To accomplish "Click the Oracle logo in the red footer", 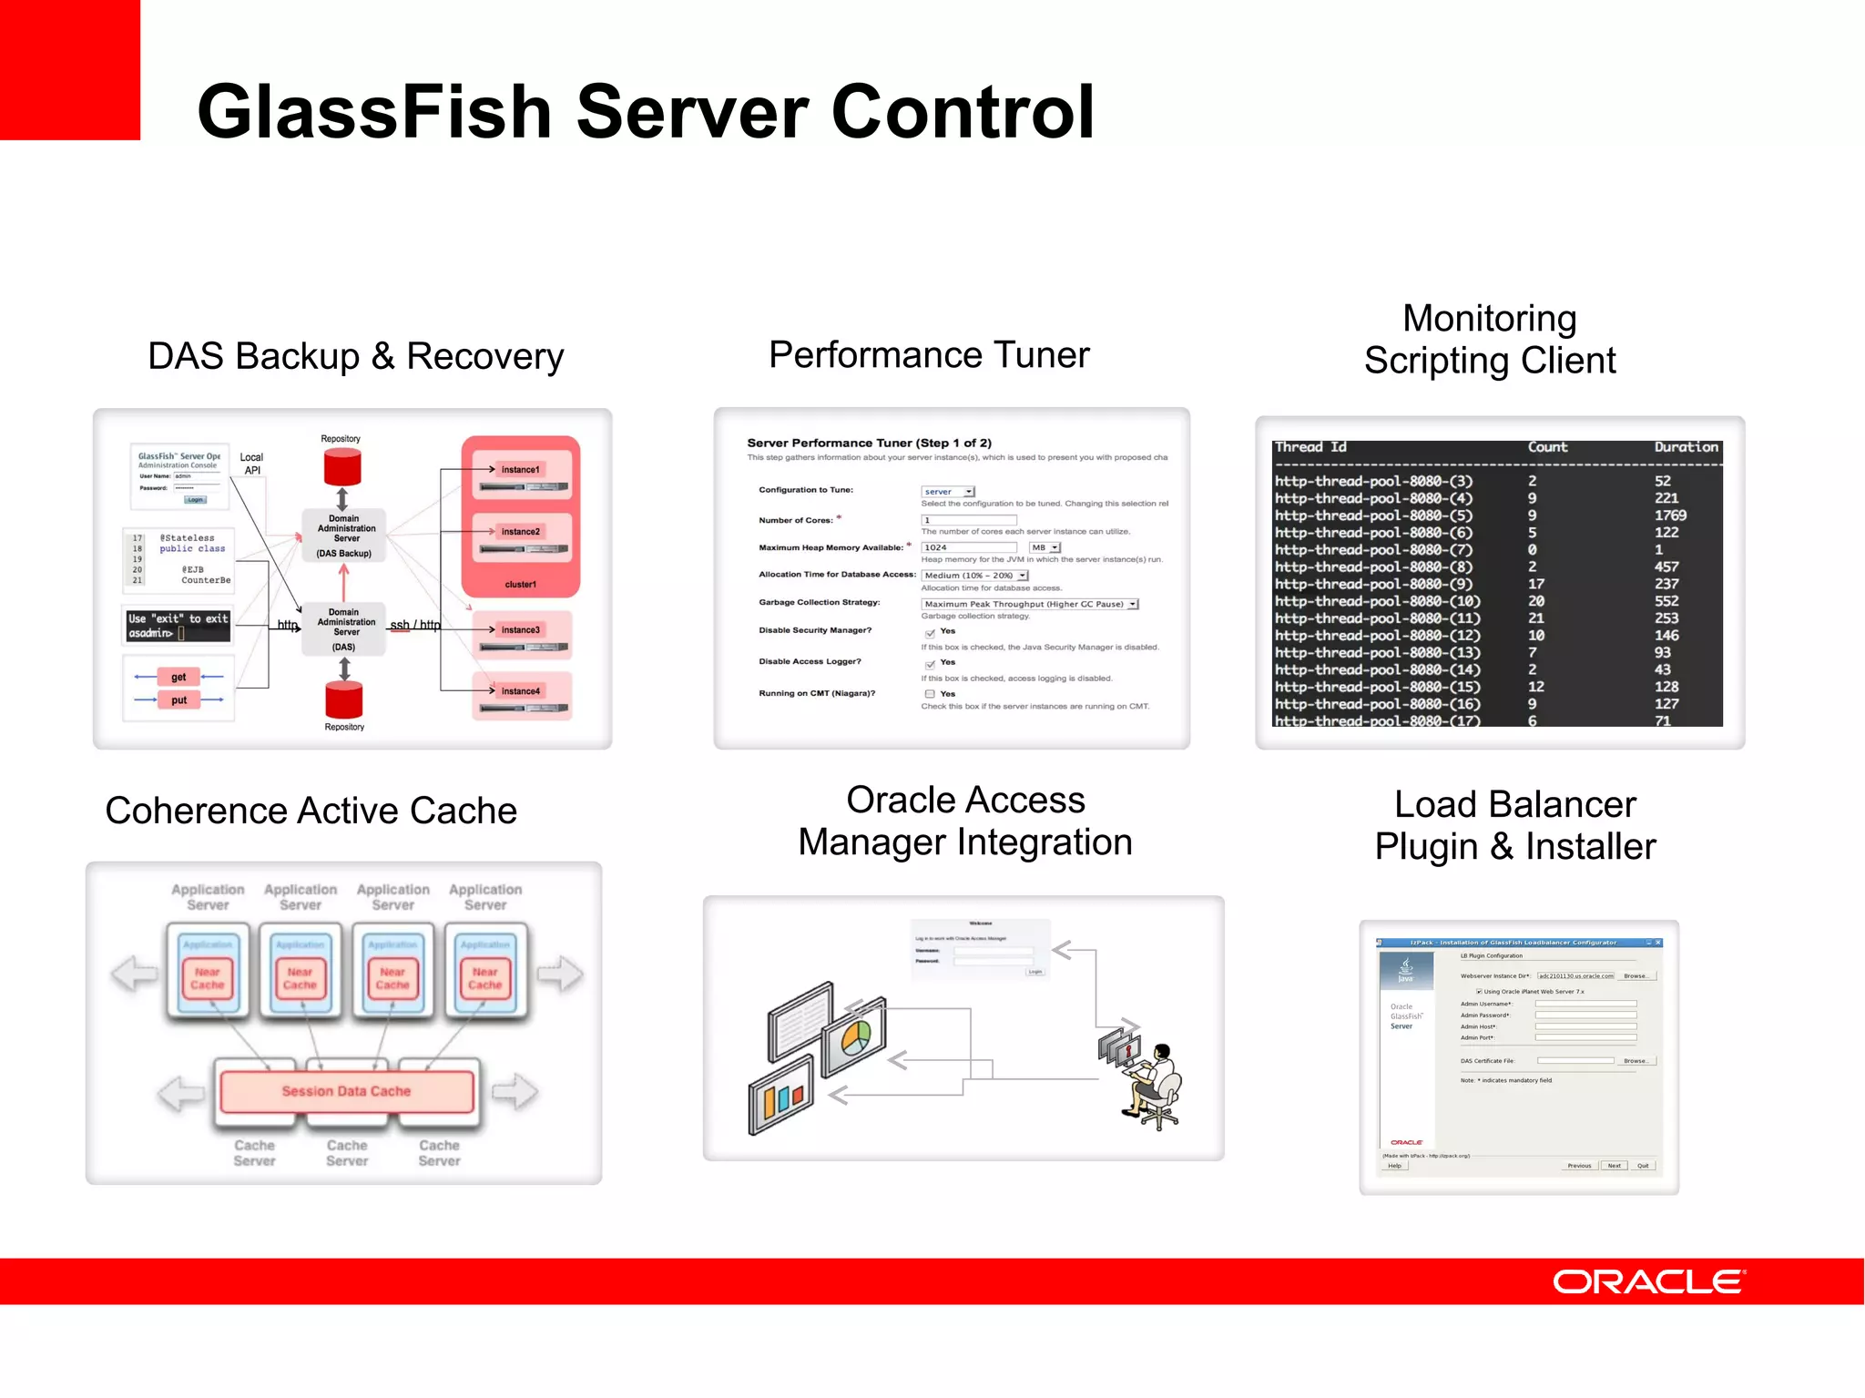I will click(1647, 1281).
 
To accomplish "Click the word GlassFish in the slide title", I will click(374, 112).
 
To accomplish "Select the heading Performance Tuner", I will click(928, 354).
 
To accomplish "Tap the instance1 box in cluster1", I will click(520, 470).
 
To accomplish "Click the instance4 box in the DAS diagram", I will click(520, 691).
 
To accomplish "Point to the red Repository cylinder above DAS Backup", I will click(342, 467).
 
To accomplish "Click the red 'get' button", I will click(178, 677).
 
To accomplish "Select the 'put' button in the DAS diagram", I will click(178, 700).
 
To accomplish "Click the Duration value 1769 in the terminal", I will click(1670, 515).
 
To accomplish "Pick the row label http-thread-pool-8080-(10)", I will click(1377, 601).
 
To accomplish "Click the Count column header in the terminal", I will click(1547, 447).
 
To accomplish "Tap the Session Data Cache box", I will click(346, 1091).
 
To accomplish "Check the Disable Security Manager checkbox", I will click(930, 633).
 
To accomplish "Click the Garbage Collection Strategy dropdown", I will click(1029, 604).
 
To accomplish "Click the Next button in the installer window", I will click(1614, 1166).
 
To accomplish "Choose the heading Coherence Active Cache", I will click(311, 811).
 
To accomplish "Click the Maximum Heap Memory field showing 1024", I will click(968, 547).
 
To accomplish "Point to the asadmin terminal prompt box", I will click(178, 626).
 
